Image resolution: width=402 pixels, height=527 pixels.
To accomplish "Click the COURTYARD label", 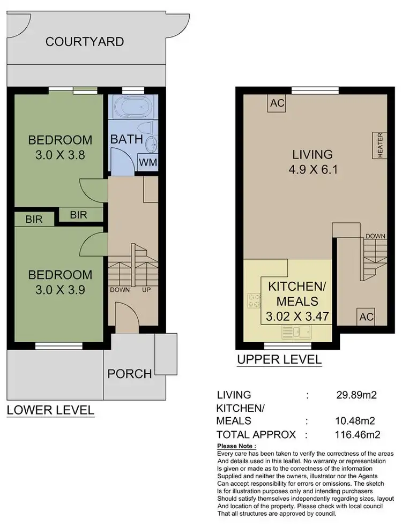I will coord(85,41).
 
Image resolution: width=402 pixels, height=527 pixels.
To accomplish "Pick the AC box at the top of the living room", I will coord(277,103).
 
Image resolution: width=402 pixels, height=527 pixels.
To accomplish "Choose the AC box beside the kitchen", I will coord(366,316).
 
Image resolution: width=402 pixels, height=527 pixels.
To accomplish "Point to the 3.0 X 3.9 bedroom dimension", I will coord(60,292).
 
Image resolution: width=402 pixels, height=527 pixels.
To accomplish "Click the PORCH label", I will coord(129,374).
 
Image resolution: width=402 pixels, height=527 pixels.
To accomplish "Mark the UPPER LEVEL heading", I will coord(279,359).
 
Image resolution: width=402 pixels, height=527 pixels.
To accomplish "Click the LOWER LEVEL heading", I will coord(50,411).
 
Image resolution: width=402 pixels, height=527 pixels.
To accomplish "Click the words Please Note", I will coord(236,446).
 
